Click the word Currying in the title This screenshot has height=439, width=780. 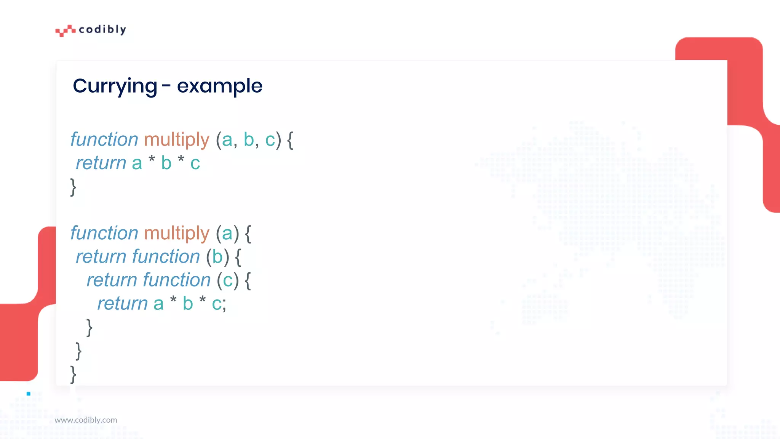(x=115, y=86)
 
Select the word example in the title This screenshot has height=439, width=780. (x=219, y=86)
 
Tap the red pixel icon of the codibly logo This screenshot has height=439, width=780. (x=65, y=30)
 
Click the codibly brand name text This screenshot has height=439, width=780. (x=102, y=29)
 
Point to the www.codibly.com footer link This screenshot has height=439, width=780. (x=86, y=420)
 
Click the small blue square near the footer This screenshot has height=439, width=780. (x=29, y=394)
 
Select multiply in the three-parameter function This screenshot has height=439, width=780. (x=177, y=139)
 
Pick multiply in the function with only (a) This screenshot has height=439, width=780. (x=177, y=233)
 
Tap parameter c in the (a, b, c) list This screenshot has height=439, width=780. (x=270, y=140)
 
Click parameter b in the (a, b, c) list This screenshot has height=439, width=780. (x=249, y=139)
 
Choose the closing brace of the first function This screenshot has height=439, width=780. (x=73, y=187)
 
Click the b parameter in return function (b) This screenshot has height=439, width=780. (x=217, y=257)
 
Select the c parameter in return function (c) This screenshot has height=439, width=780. (x=228, y=280)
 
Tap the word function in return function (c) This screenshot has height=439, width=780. (x=177, y=280)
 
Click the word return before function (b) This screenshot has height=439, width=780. (x=101, y=257)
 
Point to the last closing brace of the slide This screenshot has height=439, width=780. (x=73, y=374)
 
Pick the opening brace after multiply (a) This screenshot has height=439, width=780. (x=248, y=234)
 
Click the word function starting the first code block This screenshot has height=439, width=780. (x=104, y=139)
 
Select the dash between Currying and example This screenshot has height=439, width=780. (x=166, y=86)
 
